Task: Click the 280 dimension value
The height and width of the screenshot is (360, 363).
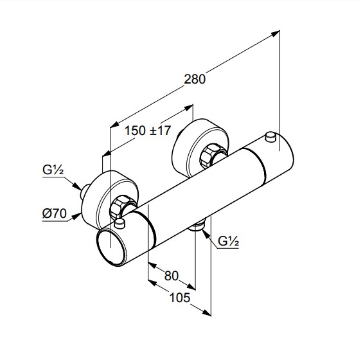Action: point(195,79)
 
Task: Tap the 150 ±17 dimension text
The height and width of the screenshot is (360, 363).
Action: point(148,130)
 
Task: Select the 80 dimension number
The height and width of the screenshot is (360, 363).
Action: point(172,276)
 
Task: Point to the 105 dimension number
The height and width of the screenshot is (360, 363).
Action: point(180,297)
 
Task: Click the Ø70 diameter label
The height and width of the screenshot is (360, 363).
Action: point(55,213)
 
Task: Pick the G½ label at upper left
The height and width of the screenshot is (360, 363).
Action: point(53,170)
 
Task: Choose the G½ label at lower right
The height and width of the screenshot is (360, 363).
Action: point(228,241)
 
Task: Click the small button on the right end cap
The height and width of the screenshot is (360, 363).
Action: point(270,136)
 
